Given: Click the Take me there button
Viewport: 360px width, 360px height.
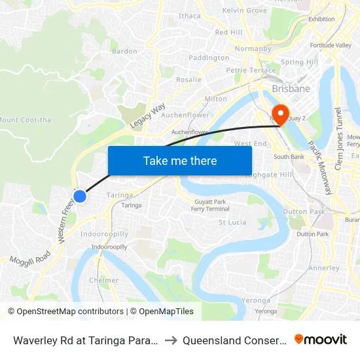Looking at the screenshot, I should (x=180, y=160).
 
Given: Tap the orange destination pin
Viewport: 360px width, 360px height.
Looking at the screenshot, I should (x=280, y=114).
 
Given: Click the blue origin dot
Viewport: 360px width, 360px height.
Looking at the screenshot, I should (x=80, y=196).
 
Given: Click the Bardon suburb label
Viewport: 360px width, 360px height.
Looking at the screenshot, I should (x=124, y=51).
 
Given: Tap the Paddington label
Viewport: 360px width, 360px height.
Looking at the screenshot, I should (x=209, y=58).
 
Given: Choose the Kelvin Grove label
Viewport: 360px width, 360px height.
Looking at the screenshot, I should (x=244, y=10).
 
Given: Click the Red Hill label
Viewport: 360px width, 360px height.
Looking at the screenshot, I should (x=228, y=32).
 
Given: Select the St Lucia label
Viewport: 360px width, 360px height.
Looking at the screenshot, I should (x=232, y=223).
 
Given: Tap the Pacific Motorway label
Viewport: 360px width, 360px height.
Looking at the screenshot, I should (x=321, y=167).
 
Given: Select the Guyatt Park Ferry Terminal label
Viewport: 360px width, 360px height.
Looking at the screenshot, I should (x=209, y=205).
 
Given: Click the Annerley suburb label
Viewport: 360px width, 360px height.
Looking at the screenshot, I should (x=324, y=268).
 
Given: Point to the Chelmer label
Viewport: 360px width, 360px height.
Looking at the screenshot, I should (x=104, y=280).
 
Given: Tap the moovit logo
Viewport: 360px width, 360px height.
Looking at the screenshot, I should (x=320, y=339).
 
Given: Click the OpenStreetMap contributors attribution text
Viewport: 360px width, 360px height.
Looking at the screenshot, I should (x=65, y=312).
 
